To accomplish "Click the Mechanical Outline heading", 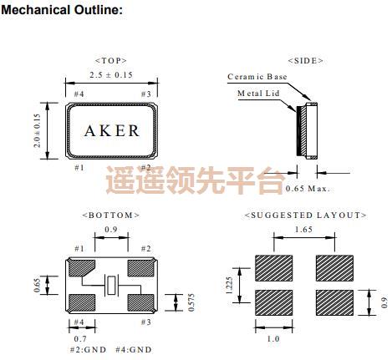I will (x=62, y=10).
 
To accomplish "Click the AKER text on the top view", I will (x=113, y=131).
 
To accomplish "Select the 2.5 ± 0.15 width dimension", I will (x=111, y=76).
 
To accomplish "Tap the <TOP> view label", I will (x=110, y=61).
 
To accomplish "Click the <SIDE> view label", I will (x=305, y=61).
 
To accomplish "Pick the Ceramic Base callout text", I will (x=257, y=77).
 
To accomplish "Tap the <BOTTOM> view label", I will (x=110, y=215).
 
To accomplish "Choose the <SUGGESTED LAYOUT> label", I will (x=305, y=215).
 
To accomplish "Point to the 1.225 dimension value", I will (x=228, y=286).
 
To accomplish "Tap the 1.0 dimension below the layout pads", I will (x=272, y=338).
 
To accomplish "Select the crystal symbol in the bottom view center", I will (x=111, y=286).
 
